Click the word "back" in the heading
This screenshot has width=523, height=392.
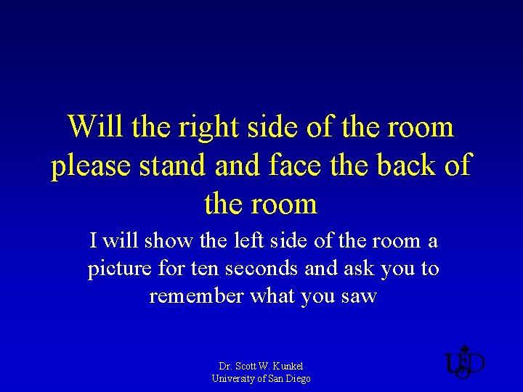point(402,166)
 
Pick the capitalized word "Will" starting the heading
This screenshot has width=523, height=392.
point(94,127)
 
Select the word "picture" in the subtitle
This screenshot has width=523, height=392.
point(118,269)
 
